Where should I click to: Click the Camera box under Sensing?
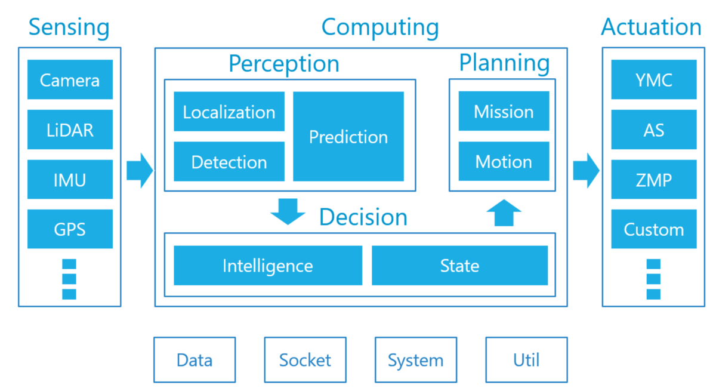[70, 79]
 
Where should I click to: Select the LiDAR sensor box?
[70, 130]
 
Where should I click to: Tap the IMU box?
[70, 180]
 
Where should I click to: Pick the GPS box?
[70, 229]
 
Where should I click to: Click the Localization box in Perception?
[229, 111]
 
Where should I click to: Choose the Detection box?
[229, 162]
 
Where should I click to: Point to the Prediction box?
[348, 137]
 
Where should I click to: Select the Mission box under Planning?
[504, 111]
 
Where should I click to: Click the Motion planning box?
[504, 161]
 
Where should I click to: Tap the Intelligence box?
[268, 266]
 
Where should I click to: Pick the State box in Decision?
[459, 266]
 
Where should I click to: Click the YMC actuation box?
[654, 79]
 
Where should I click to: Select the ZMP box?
[654, 180]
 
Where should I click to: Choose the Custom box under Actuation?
[654, 229]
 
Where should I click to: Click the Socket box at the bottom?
[305, 360]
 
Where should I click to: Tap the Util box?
[526, 360]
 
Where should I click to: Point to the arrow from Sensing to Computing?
[140, 171]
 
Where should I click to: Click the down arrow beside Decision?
[288, 212]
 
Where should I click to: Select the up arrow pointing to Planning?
[504, 213]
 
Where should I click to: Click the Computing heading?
[380, 27]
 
